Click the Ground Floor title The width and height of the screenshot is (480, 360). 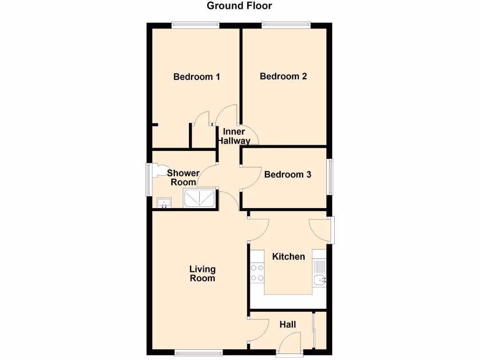[240, 6]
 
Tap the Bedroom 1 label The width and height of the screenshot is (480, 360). [197, 77]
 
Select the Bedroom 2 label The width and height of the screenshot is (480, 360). [284, 76]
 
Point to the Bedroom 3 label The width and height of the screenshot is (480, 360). [288, 175]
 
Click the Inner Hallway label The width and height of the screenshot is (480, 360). [233, 136]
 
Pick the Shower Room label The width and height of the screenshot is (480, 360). [183, 178]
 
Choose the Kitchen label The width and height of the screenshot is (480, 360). [289, 256]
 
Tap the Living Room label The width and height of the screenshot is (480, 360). [202, 274]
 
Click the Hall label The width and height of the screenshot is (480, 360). [288, 324]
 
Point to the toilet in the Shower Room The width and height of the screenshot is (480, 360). [157, 170]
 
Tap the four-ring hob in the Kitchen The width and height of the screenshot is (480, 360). [257, 273]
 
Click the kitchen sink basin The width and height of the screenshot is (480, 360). [320, 280]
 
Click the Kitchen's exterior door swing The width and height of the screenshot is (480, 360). [319, 230]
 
